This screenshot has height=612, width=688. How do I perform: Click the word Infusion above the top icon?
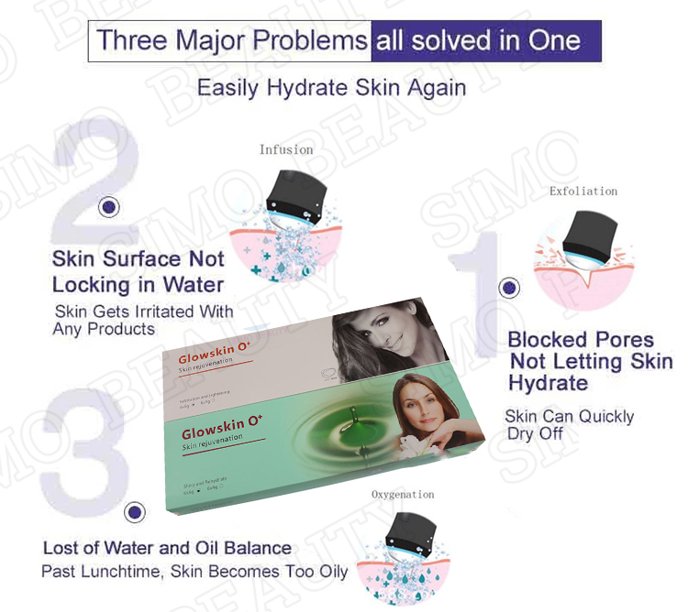coord(285,149)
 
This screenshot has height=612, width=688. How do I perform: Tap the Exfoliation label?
coord(583,191)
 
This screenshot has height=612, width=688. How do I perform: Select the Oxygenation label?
coord(403,495)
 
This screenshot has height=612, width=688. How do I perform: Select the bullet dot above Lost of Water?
coord(135,513)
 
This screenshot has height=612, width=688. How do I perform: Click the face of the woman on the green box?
coord(409,403)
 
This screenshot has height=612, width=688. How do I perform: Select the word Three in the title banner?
coord(129,41)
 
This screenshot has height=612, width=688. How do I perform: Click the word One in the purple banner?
coord(553,41)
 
